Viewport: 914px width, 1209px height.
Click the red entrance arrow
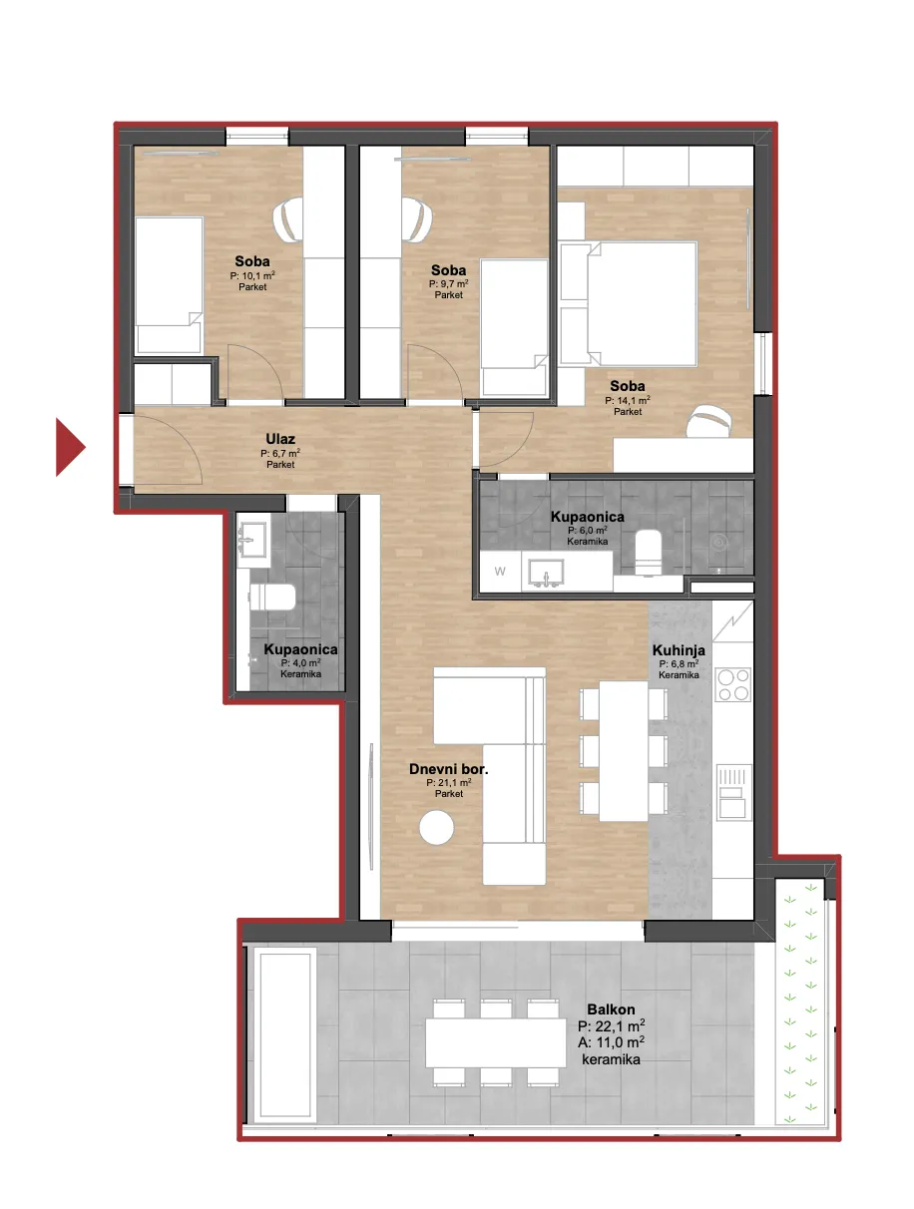click(x=69, y=447)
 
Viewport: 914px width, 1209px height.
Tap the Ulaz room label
click(x=279, y=439)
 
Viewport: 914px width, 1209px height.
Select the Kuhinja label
click(x=679, y=650)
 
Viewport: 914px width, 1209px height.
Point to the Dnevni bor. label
click(x=448, y=769)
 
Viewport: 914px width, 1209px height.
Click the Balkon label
click(x=611, y=1009)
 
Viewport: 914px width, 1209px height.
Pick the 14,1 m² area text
click(x=627, y=400)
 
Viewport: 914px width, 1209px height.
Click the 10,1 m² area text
click(x=252, y=275)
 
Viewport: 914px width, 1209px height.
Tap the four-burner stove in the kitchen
click(x=732, y=684)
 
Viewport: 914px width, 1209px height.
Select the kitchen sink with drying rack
click(x=733, y=793)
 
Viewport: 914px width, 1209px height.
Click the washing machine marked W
click(x=500, y=572)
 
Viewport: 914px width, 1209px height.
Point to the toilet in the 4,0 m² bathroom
click(x=272, y=597)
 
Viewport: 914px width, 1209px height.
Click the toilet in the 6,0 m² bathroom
click(x=648, y=553)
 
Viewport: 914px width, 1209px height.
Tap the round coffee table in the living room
click(x=436, y=827)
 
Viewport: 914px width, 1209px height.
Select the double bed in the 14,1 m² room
click(x=629, y=303)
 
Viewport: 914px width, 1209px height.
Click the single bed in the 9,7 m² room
click(x=514, y=327)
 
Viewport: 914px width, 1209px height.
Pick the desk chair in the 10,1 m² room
click(x=287, y=219)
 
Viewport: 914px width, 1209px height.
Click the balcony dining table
click(x=495, y=1042)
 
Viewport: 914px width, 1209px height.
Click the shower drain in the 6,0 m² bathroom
click(x=718, y=543)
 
